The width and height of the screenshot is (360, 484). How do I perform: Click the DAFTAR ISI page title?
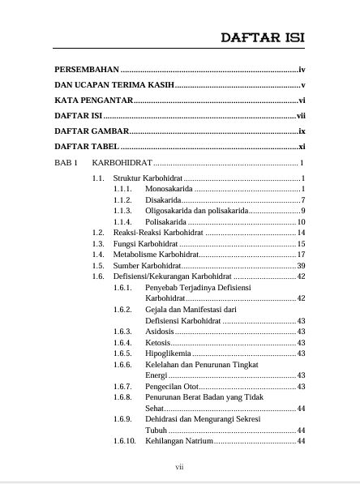tap(263, 37)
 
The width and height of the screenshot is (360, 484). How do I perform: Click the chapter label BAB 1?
tap(66, 163)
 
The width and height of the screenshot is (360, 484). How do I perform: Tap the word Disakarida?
tap(163, 199)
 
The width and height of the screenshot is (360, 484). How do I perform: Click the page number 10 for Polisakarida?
tap(300, 221)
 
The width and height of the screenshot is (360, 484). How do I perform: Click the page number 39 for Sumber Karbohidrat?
tap(300, 265)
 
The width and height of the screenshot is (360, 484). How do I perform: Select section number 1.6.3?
tap(122, 332)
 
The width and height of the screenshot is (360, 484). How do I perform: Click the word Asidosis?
tap(159, 332)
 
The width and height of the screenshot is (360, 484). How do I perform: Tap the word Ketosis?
tap(157, 342)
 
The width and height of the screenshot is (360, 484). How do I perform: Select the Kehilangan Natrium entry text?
tap(178, 441)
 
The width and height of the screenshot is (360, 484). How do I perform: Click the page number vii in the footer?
tap(180, 468)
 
